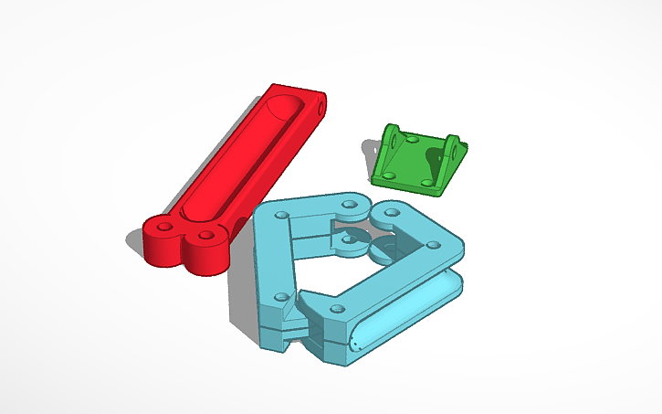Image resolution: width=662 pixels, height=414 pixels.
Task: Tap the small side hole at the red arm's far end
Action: pyautogui.click(x=321, y=107)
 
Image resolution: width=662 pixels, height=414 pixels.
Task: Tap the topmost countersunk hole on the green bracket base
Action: pyautogui.click(x=413, y=141)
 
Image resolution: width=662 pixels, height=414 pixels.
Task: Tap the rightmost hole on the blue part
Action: pyautogui.click(x=430, y=244)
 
